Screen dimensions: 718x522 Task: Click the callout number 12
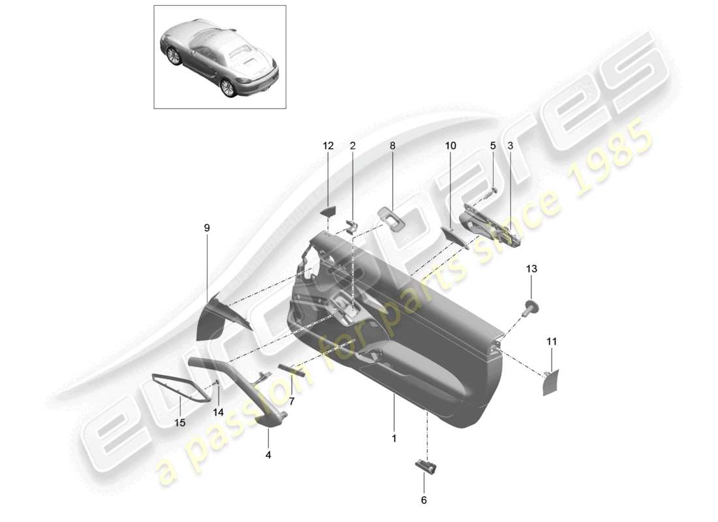[x=328, y=146]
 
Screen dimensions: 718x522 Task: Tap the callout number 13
[x=531, y=269]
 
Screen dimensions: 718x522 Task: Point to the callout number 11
[x=552, y=341]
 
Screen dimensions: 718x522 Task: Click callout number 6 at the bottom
[x=424, y=500]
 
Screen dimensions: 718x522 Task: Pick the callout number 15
[x=179, y=422]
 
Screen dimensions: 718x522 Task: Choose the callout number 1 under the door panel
[x=394, y=438]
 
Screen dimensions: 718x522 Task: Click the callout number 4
[x=268, y=454]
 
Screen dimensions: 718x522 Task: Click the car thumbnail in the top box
[x=220, y=57]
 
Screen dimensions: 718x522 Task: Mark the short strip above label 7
[x=291, y=369]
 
